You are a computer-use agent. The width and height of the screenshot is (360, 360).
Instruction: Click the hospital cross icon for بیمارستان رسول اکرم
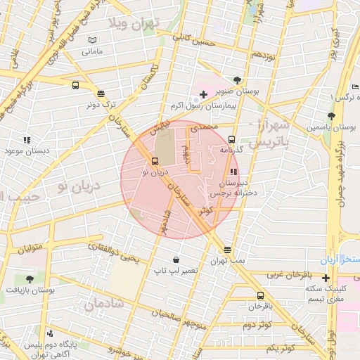point(203,94)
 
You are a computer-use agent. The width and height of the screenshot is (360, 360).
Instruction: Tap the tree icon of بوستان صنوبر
point(237,79)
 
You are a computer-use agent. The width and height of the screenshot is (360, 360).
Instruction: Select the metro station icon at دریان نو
point(155,160)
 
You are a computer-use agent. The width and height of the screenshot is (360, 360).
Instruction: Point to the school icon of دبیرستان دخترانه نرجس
point(233,171)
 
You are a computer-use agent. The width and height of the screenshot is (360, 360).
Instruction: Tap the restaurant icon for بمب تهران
point(227,250)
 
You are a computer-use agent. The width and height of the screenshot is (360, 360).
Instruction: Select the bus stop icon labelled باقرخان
point(261,295)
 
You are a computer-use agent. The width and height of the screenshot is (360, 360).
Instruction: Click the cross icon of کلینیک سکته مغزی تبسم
point(326,277)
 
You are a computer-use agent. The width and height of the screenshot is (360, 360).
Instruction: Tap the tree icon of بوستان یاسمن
point(330,116)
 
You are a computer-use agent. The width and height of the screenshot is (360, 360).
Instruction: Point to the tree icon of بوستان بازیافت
point(29,279)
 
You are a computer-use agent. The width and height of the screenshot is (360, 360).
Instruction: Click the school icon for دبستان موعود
point(27,140)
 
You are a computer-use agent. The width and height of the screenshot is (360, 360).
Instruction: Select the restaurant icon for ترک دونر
point(101,93)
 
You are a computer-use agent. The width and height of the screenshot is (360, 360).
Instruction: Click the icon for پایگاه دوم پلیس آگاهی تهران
point(49,334)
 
